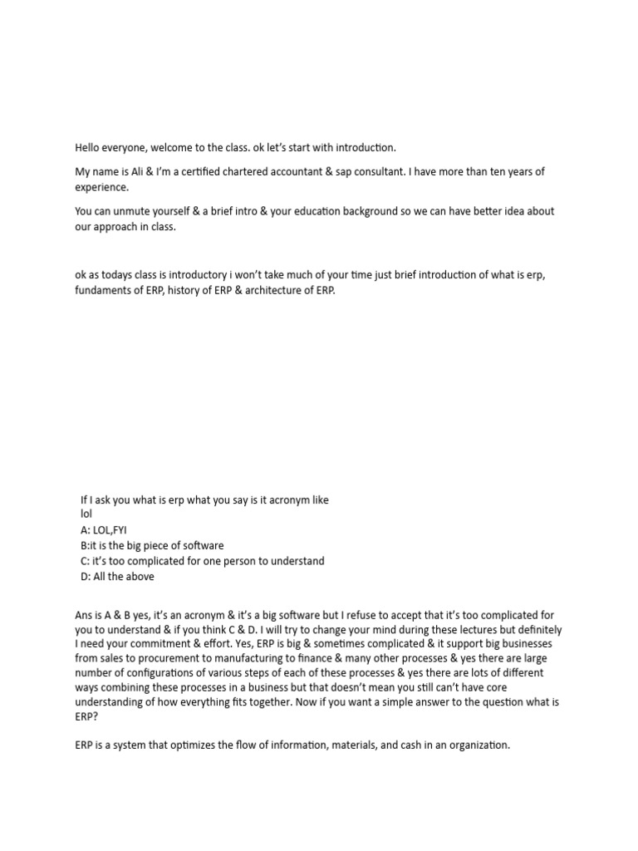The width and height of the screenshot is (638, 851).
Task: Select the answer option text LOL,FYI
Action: [111, 529]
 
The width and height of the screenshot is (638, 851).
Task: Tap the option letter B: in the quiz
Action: [85, 545]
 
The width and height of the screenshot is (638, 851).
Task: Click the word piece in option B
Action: [164, 545]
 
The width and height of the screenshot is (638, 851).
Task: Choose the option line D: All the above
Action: [117, 577]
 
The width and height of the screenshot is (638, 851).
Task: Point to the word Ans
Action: [84, 615]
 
